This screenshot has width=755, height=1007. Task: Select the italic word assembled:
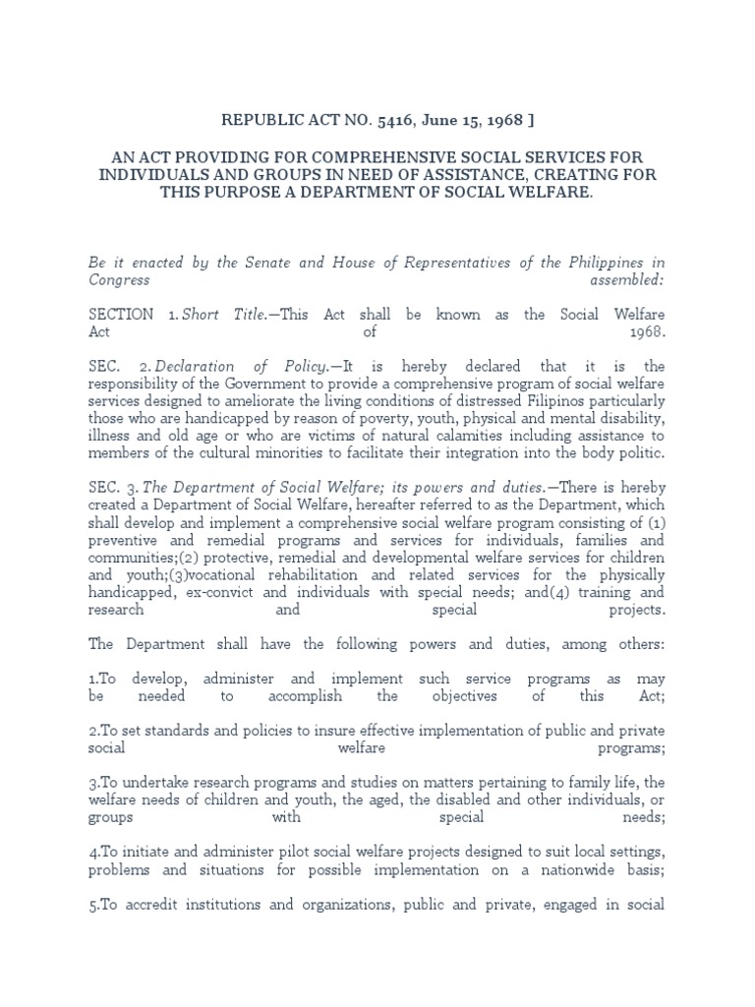[x=627, y=279]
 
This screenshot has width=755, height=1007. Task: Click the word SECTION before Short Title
[x=121, y=315]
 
